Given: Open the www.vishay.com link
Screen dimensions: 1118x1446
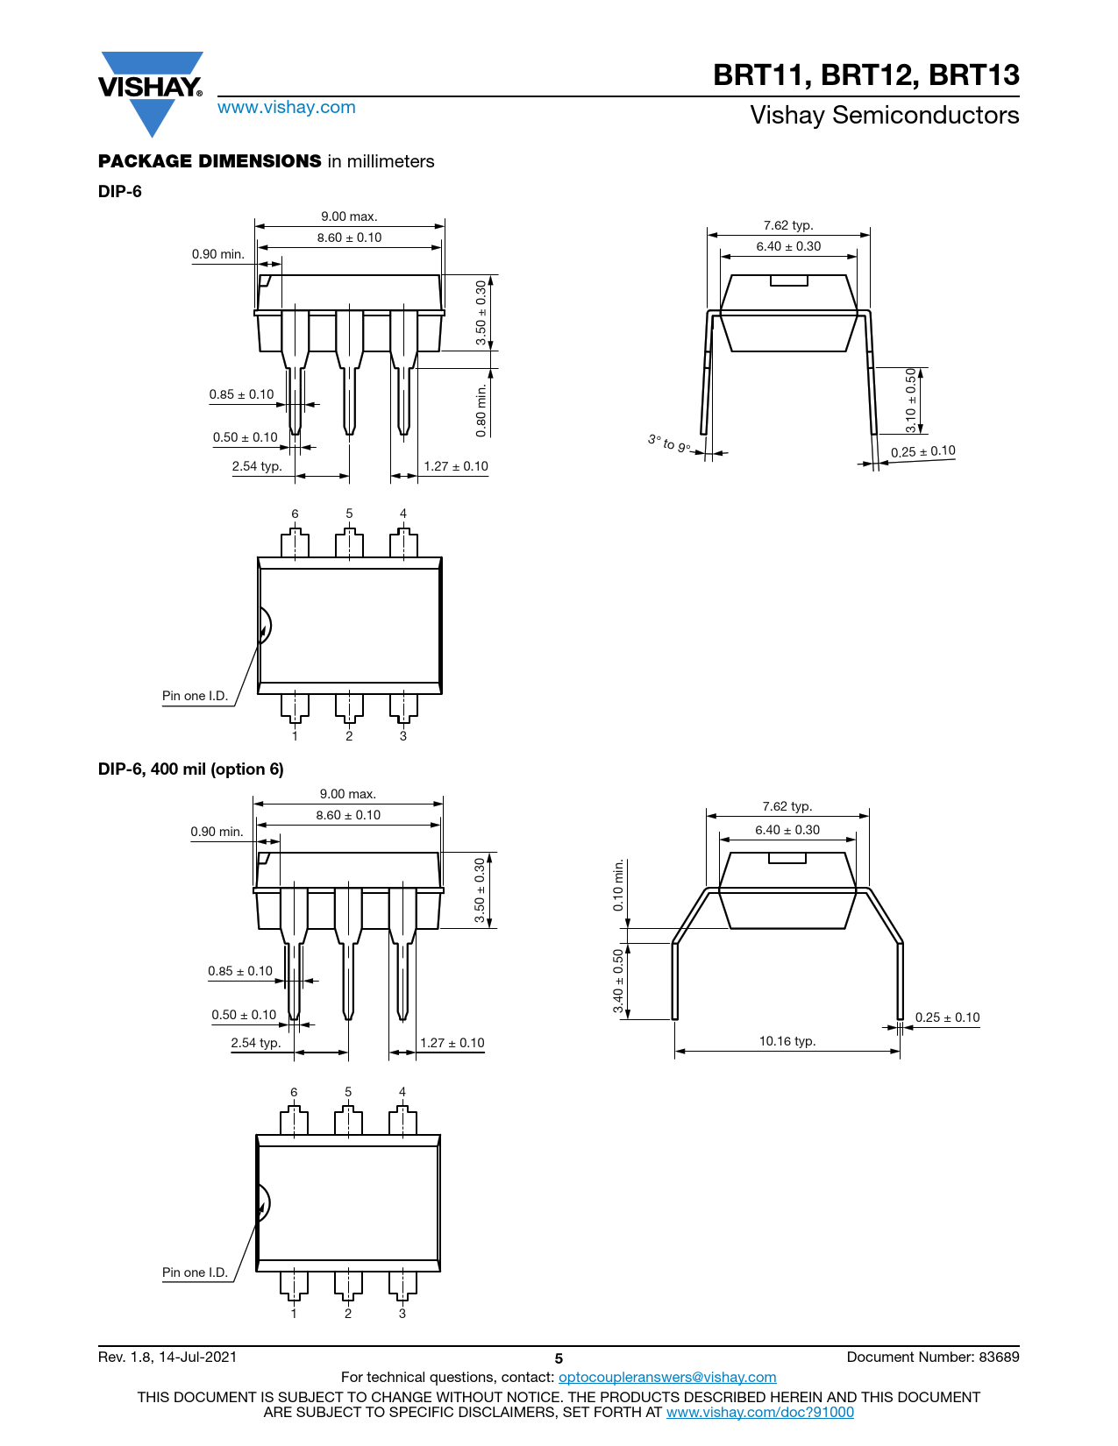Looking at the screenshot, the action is (287, 107).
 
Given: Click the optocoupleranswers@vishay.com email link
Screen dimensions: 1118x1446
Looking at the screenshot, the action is (667, 1377).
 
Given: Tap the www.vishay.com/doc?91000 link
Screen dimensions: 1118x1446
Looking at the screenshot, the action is (759, 1412).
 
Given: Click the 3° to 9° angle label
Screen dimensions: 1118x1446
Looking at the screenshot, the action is (669, 443).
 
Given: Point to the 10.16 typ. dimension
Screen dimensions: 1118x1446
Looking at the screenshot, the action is (787, 1041).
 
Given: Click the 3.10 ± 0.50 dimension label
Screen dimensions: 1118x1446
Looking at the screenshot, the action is (910, 400).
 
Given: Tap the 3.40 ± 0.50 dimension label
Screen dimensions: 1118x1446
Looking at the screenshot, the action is (618, 981).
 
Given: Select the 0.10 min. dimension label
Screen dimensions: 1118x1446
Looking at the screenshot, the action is (618, 885).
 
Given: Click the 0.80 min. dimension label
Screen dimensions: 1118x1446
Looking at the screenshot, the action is (481, 410).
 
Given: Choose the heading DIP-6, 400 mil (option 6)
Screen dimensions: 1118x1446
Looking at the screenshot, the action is (190, 769).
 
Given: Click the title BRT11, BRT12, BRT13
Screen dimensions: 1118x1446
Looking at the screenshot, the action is (865, 74).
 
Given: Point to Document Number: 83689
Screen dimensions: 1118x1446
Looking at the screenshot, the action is (933, 1357).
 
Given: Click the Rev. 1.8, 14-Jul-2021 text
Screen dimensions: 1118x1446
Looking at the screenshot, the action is (167, 1357).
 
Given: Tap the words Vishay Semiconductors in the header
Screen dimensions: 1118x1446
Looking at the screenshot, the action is (884, 115).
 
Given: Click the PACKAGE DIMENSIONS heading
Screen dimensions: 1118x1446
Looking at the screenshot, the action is (210, 161).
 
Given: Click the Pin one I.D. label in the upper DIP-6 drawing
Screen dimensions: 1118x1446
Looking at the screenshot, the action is (195, 695).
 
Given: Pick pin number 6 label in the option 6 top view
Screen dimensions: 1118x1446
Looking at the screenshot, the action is (294, 1092).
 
